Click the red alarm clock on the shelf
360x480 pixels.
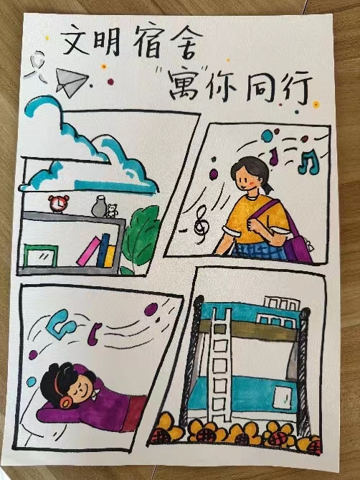pyautogui.click(x=58, y=203)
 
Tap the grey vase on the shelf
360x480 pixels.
pyautogui.click(x=100, y=207)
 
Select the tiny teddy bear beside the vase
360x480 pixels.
pyautogui.click(x=112, y=211)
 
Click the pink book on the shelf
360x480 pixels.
pyautogui.click(x=87, y=251)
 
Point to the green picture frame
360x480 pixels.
pyautogui.click(x=40, y=255)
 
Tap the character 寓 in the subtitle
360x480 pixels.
pyautogui.click(x=183, y=85)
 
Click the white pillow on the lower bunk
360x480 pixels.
pyautogui.click(x=283, y=399)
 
